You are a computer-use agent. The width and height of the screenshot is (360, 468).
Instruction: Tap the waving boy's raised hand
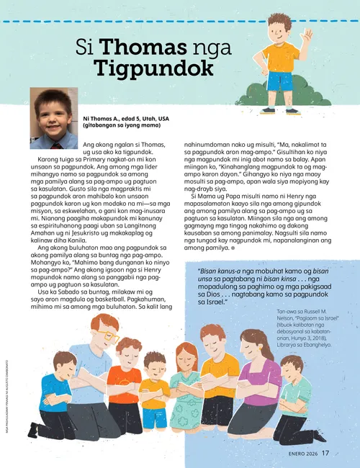pyautogui.click(x=308, y=35)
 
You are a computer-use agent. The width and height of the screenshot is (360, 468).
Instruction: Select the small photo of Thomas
pyautogui.click(x=54, y=119)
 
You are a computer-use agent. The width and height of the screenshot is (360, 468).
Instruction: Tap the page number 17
pyautogui.click(x=326, y=453)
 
